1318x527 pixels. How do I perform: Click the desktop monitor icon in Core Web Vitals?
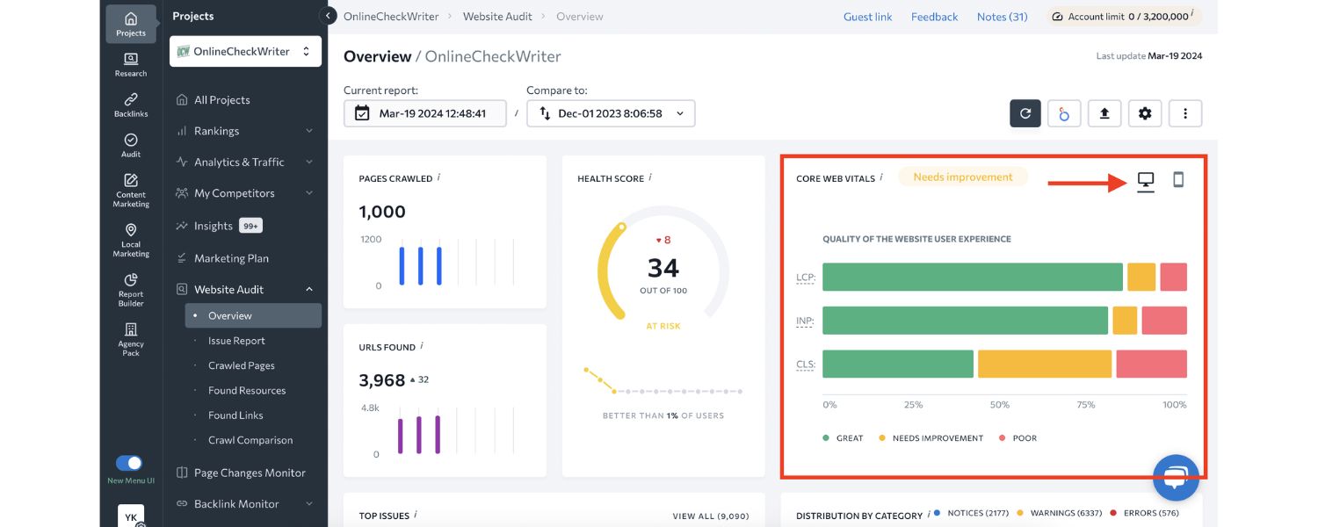[x=1146, y=181]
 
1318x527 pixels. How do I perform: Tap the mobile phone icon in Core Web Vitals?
[x=1178, y=180]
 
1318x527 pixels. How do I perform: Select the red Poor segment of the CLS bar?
[x=1151, y=365]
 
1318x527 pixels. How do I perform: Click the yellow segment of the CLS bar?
[x=1044, y=365]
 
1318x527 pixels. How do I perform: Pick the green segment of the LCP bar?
[x=972, y=277]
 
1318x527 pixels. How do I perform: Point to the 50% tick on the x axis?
[x=1000, y=405]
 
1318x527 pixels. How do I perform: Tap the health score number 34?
[x=663, y=267]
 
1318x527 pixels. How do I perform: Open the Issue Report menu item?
[x=236, y=341]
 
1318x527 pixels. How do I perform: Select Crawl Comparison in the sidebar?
[x=250, y=440]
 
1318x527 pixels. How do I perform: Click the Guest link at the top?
[x=867, y=17]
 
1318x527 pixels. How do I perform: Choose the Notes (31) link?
[x=1002, y=17]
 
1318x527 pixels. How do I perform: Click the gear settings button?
[x=1144, y=113]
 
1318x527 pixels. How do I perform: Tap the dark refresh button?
[x=1025, y=113]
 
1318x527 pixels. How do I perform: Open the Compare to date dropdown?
[x=611, y=113]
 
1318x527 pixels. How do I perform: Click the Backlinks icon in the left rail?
[x=131, y=105]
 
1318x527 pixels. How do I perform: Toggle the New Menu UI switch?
[x=129, y=463]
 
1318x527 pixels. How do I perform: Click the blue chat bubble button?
[x=1176, y=478]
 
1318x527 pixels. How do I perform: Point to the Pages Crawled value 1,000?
[x=382, y=212]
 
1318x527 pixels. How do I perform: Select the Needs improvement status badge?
[x=962, y=177]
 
